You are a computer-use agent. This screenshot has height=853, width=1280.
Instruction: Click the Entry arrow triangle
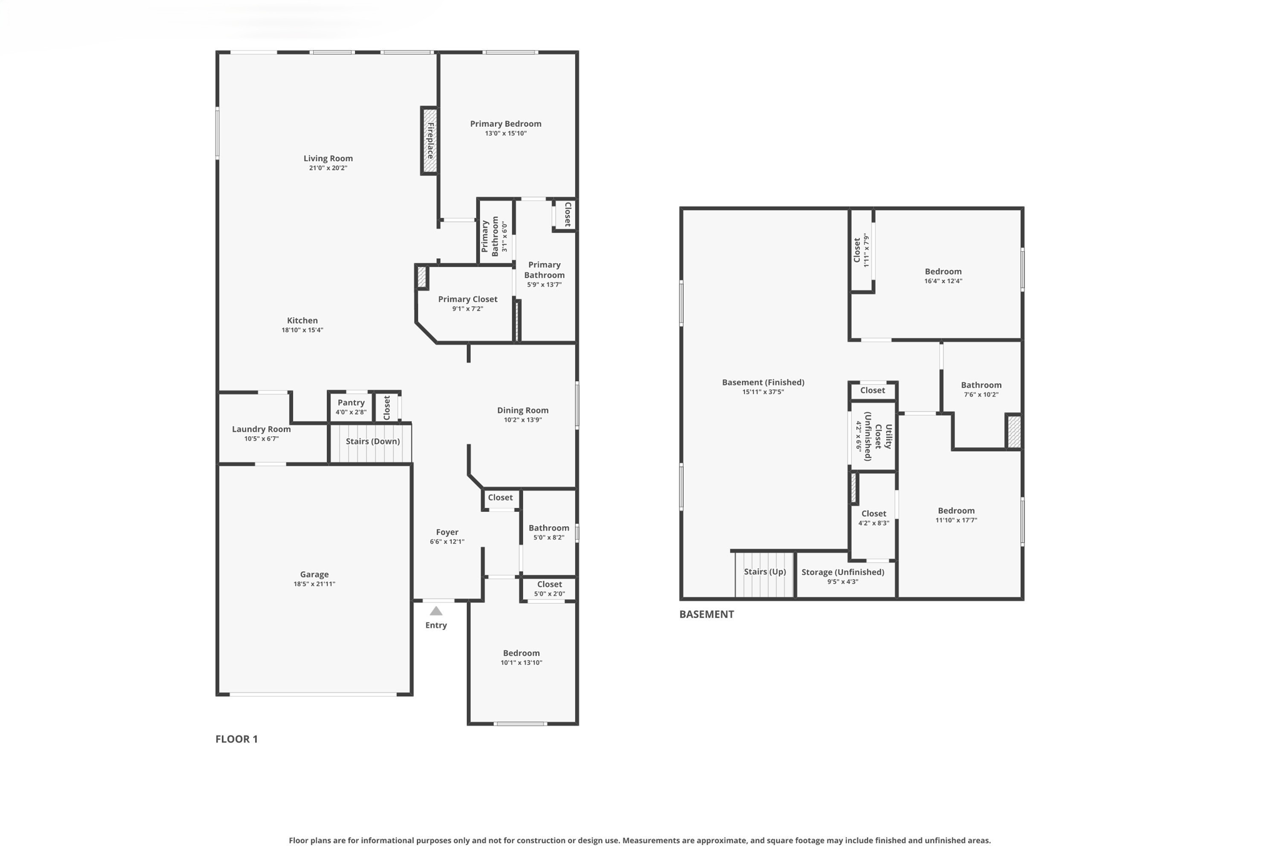(436, 611)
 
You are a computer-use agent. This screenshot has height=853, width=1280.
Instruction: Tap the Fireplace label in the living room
(430, 140)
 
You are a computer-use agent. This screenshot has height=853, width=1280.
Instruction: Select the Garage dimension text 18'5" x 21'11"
(314, 584)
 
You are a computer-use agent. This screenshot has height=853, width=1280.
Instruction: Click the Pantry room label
(351, 403)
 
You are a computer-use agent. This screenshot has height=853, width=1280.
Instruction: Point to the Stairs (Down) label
(372, 441)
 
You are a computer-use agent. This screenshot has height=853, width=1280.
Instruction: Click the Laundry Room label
(261, 429)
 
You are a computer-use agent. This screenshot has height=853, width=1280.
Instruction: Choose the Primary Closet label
(467, 299)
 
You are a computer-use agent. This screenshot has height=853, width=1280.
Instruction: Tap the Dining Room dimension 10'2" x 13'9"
(522, 420)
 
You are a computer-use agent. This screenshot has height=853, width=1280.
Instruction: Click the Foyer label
(447, 532)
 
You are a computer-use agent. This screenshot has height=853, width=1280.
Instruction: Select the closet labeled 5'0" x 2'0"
(549, 589)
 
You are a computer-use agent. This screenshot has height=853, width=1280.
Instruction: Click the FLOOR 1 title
(236, 739)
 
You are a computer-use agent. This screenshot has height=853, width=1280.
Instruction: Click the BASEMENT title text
(706, 614)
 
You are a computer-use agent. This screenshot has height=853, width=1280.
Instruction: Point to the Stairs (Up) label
(764, 572)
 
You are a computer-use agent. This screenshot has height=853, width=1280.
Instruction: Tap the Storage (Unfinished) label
(842, 572)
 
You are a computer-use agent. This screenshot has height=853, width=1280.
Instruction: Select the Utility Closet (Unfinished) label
(877, 436)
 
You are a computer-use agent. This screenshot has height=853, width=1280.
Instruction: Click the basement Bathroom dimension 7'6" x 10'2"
(981, 395)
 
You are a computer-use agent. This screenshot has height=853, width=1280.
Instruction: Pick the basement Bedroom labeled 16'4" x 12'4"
(943, 276)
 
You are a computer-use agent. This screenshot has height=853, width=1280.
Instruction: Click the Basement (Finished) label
(762, 382)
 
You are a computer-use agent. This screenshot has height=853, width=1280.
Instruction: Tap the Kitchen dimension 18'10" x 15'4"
(302, 331)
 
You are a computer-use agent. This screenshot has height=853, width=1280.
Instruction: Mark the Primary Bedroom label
(506, 124)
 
